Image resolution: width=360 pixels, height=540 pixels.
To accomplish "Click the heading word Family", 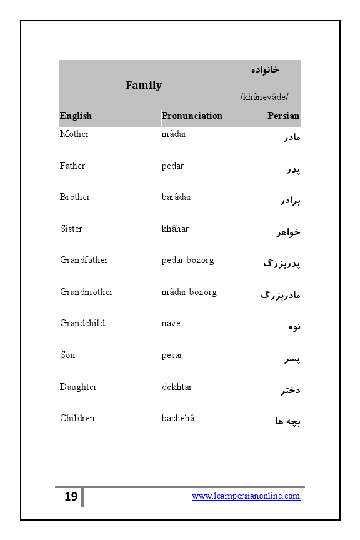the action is click(144, 86).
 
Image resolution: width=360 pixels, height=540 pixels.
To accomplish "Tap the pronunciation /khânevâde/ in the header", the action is click(264, 97).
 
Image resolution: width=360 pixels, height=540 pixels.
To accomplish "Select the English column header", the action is click(76, 116).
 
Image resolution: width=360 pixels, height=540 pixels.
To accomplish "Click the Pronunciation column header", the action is click(192, 116).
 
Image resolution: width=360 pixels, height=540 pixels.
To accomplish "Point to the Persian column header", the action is click(283, 116).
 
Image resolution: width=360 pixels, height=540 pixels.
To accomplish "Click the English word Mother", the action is click(74, 134).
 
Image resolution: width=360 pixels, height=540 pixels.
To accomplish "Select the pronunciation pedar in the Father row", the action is click(172, 166).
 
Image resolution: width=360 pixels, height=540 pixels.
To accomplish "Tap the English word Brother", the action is click(75, 197).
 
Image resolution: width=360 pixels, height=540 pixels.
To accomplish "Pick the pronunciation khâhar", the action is click(175, 229).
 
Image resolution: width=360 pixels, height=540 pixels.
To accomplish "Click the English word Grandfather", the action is click(84, 260).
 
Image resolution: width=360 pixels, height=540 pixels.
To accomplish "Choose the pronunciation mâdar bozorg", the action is click(189, 292).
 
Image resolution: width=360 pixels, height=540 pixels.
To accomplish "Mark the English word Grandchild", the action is click(82, 323).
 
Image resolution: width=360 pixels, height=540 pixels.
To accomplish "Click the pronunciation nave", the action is click(171, 323).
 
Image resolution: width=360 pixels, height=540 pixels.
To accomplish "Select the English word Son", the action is click(67, 355).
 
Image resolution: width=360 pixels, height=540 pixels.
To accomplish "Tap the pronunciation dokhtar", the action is click(177, 387).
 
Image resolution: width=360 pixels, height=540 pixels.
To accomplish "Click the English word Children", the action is click(77, 418).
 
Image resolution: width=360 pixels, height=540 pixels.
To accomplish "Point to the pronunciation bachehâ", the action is click(178, 418).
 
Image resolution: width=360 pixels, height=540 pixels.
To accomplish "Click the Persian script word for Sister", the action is click(289, 232).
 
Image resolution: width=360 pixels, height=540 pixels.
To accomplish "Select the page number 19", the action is click(71, 497).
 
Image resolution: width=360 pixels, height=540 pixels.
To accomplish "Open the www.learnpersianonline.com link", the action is click(246, 496).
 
